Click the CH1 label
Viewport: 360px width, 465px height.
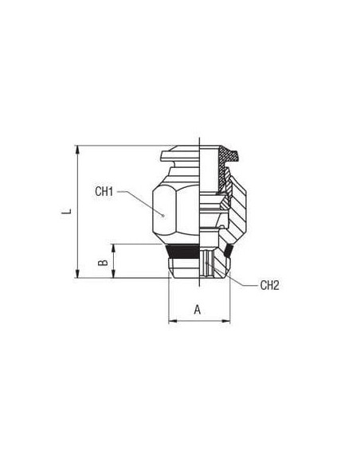[x=104, y=192]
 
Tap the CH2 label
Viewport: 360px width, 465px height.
[x=269, y=285]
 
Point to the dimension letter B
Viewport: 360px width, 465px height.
[x=103, y=262]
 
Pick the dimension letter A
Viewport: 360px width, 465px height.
[x=198, y=310]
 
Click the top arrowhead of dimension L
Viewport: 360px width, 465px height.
[x=78, y=150]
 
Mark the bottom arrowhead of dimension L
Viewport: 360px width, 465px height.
[x=78, y=274]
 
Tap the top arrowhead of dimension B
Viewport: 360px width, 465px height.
[x=113, y=248]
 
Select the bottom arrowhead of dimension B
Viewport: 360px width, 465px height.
[x=113, y=274]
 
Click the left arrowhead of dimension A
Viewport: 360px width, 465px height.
[x=173, y=321]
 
